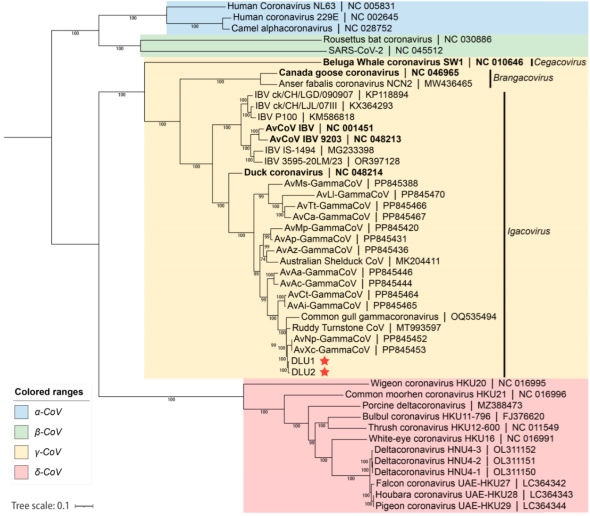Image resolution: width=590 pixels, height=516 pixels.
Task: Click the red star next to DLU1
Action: click(x=325, y=361)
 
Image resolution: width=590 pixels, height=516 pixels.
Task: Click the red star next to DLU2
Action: click(x=325, y=372)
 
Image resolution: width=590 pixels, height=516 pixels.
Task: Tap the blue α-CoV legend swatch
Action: click(x=21, y=412)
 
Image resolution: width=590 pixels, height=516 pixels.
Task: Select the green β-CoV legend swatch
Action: click(x=21, y=432)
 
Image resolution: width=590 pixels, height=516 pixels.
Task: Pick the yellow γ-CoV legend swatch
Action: click(x=21, y=452)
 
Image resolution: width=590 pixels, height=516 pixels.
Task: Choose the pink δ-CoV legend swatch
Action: click(x=21, y=472)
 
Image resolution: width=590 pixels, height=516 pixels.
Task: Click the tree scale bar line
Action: click(x=84, y=506)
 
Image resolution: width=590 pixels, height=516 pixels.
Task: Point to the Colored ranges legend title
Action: click(x=49, y=392)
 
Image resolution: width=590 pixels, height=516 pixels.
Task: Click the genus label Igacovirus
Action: click(x=529, y=231)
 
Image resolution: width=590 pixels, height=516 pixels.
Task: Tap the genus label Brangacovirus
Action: click(x=523, y=78)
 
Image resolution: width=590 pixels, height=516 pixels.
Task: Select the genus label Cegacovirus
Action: click(x=560, y=62)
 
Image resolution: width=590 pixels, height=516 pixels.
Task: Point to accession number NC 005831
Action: click(x=371, y=6)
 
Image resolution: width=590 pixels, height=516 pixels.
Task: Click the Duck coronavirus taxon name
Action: click(x=284, y=172)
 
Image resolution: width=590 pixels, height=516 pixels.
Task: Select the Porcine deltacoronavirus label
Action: click(x=413, y=405)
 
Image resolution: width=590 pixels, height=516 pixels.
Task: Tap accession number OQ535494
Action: click(x=473, y=317)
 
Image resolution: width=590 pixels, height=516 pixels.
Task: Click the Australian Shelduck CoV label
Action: click(x=332, y=261)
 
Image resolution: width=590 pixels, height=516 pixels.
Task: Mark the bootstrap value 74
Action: click(x=263, y=259)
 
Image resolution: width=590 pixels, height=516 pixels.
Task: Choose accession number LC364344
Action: click(x=545, y=506)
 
